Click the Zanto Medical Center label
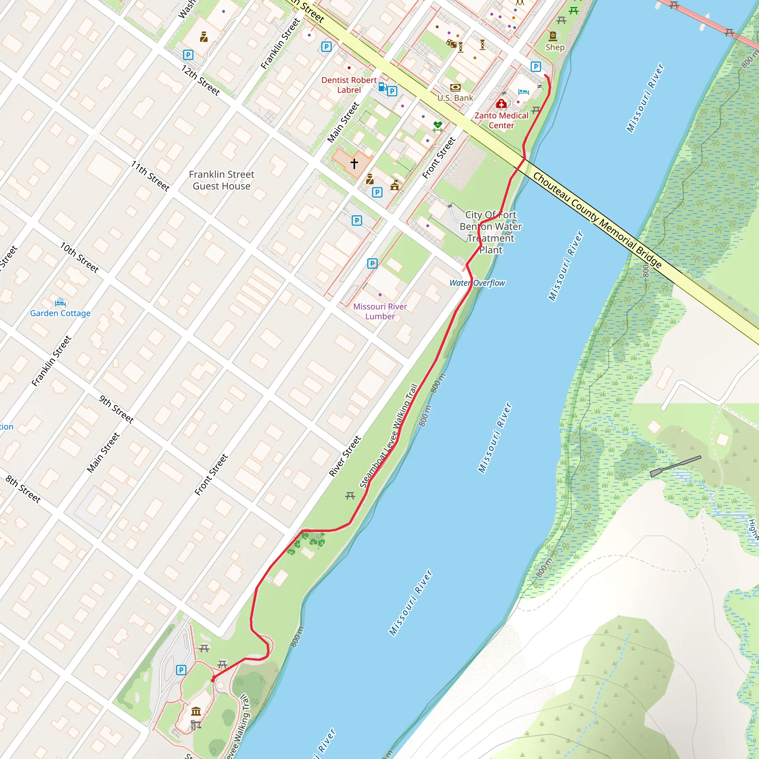tap(501, 120)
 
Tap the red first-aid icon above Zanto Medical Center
tap(501, 104)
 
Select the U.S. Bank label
tap(455, 98)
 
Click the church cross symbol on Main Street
tap(354, 163)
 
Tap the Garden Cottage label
tap(60, 313)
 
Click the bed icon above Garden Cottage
tap(60, 302)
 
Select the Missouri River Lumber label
tap(380, 311)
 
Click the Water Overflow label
tap(477, 283)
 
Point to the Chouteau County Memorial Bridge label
tap(597, 220)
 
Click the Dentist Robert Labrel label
tap(349, 85)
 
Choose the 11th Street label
tap(150, 176)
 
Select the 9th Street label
tap(116, 409)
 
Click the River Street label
tap(345, 456)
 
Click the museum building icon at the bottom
tap(196, 711)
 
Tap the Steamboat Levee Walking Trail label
tap(388, 436)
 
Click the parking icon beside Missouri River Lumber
tap(372, 263)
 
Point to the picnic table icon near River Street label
tap(350, 496)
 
